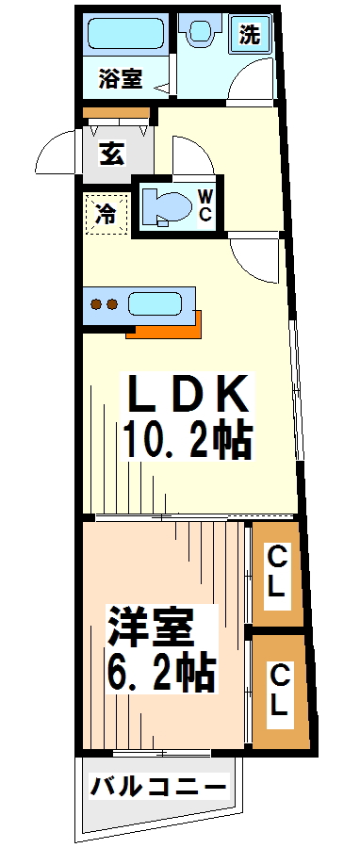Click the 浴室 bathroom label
click(x=120, y=80)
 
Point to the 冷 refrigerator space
click(x=106, y=213)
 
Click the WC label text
click(x=205, y=205)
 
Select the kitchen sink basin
click(x=160, y=304)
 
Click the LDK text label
click(x=188, y=394)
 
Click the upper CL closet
click(x=275, y=572)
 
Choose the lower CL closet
click(x=279, y=691)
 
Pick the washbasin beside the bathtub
click(x=200, y=36)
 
